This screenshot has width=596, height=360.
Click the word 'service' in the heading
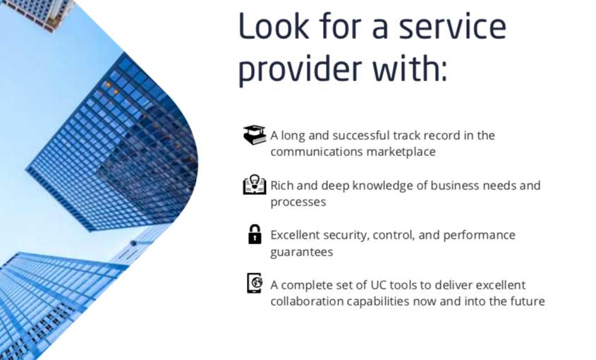tap(452, 26)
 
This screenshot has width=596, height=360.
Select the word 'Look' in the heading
tap(274, 25)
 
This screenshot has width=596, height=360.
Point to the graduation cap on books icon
tap(255, 135)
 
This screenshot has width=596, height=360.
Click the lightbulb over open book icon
tap(255, 185)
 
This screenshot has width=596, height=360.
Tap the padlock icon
tap(255, 234)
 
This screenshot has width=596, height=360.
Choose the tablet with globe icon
tap(255, 284)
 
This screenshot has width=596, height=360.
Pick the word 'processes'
tap(298, 203)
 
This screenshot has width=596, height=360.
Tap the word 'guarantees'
tap(302, 252)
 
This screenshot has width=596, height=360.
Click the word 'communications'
tap(317, 152)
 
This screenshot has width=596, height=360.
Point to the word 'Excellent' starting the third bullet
tap(296, 235)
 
